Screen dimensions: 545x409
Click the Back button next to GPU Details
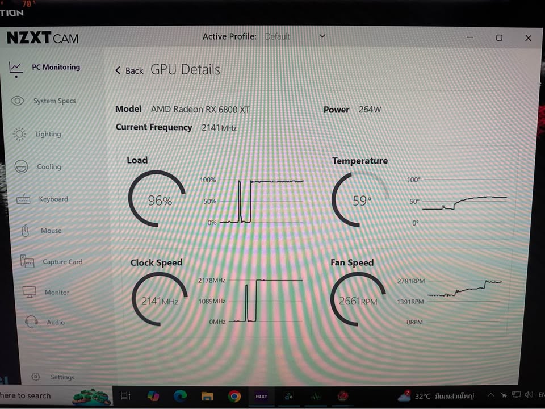pos(129,70)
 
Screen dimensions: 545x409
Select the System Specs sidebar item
pos(54,101)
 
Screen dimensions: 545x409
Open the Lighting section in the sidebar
pos(48,134)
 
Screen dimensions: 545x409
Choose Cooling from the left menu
pos(49,166)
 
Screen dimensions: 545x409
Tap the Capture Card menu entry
pos(62,262)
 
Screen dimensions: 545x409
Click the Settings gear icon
pos(35,377)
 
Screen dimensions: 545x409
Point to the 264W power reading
pos(370,110)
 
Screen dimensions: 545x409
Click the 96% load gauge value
pos(160,201)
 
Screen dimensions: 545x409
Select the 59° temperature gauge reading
pos(362,201)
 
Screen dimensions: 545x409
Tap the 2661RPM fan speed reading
pos(358,301)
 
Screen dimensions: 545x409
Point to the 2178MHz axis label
pos(212,280)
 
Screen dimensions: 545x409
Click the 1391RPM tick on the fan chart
pos(410,302)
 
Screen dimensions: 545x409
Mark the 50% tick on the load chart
pos(210,201)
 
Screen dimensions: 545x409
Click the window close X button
pos(529,38)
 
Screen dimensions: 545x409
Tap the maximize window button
pos(499,37)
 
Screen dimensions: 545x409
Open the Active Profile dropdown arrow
pos(322,36)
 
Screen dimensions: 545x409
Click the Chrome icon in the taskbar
pos(234,396)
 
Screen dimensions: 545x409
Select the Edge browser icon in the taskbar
pos(180,396)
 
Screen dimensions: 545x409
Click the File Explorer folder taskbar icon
pos(207,396)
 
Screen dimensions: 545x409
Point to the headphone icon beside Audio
pos(31,322)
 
